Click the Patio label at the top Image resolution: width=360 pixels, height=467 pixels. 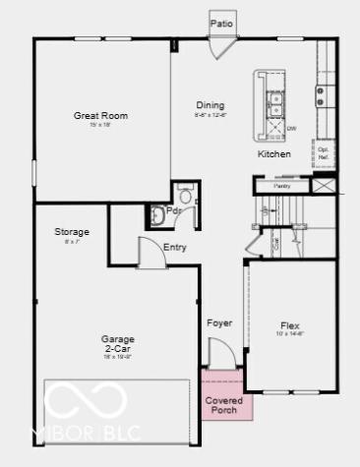[x=223, y=21]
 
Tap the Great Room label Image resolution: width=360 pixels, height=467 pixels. [x=101, y=116]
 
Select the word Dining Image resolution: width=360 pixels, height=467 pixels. [x=210, y=105]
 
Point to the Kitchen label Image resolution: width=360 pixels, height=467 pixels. [x=274, y=154]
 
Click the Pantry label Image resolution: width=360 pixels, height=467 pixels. [x=281, y=184]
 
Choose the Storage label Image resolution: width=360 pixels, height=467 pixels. [x=72, y=232]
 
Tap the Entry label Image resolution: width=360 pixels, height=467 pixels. [x=175, y=247]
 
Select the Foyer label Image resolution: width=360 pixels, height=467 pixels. [x=218, y=322]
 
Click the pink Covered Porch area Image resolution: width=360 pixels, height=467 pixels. [x=226, y=404]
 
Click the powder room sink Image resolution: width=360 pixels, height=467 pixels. [x=158, y=213]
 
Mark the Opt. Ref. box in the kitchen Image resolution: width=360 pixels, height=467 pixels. [x=323, y=153]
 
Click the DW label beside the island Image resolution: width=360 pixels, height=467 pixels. [x=291, y=127]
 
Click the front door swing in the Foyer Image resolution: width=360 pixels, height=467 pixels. [x=221, y=352]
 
